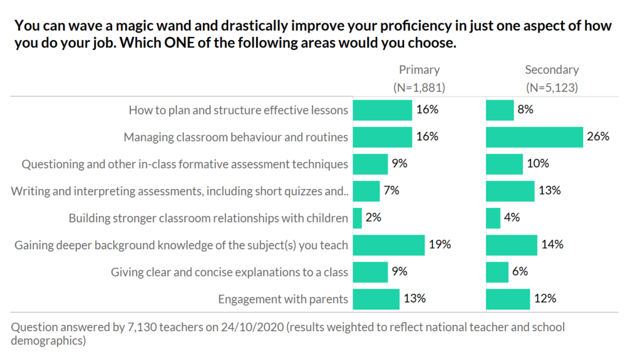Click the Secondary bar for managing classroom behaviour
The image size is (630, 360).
click(534, 137)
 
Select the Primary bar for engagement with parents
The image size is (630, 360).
click(375, 299)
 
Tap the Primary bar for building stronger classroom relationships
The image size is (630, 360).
click(357, 218)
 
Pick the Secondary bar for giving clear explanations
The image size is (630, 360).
click(497, 272)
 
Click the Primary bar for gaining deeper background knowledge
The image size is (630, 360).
click(388, 245)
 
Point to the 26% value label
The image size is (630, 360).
click(598, 137)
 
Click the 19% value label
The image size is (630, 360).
click(440, 245)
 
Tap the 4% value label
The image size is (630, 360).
click(512, 218)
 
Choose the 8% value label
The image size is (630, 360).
click(525, 110)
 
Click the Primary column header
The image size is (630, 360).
click(419, 70)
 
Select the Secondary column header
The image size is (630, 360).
click(552, 70)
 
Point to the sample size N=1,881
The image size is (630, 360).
click(419, 87)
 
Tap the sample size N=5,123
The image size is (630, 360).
click(552, 87)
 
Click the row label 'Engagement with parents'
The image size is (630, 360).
click(283, 300)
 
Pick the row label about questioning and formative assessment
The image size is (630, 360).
click(185, 164)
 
